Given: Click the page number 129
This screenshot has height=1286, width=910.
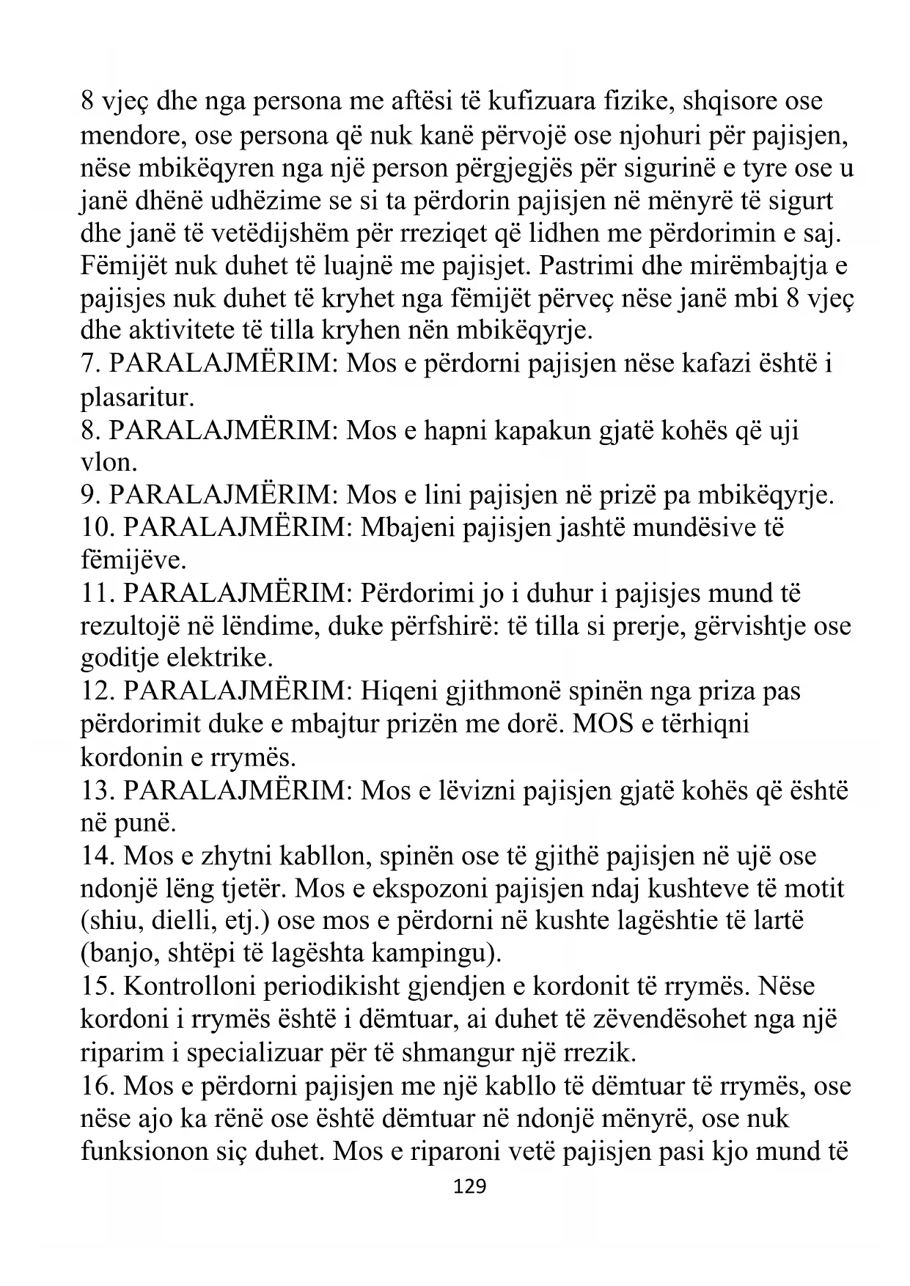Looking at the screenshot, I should tap(470, 1186).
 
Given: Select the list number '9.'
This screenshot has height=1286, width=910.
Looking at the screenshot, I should tap(91, 496).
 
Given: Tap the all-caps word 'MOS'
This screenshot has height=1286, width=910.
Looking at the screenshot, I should tap(602, 724).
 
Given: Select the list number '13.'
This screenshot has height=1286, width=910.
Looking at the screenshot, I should tap(98, 790).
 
